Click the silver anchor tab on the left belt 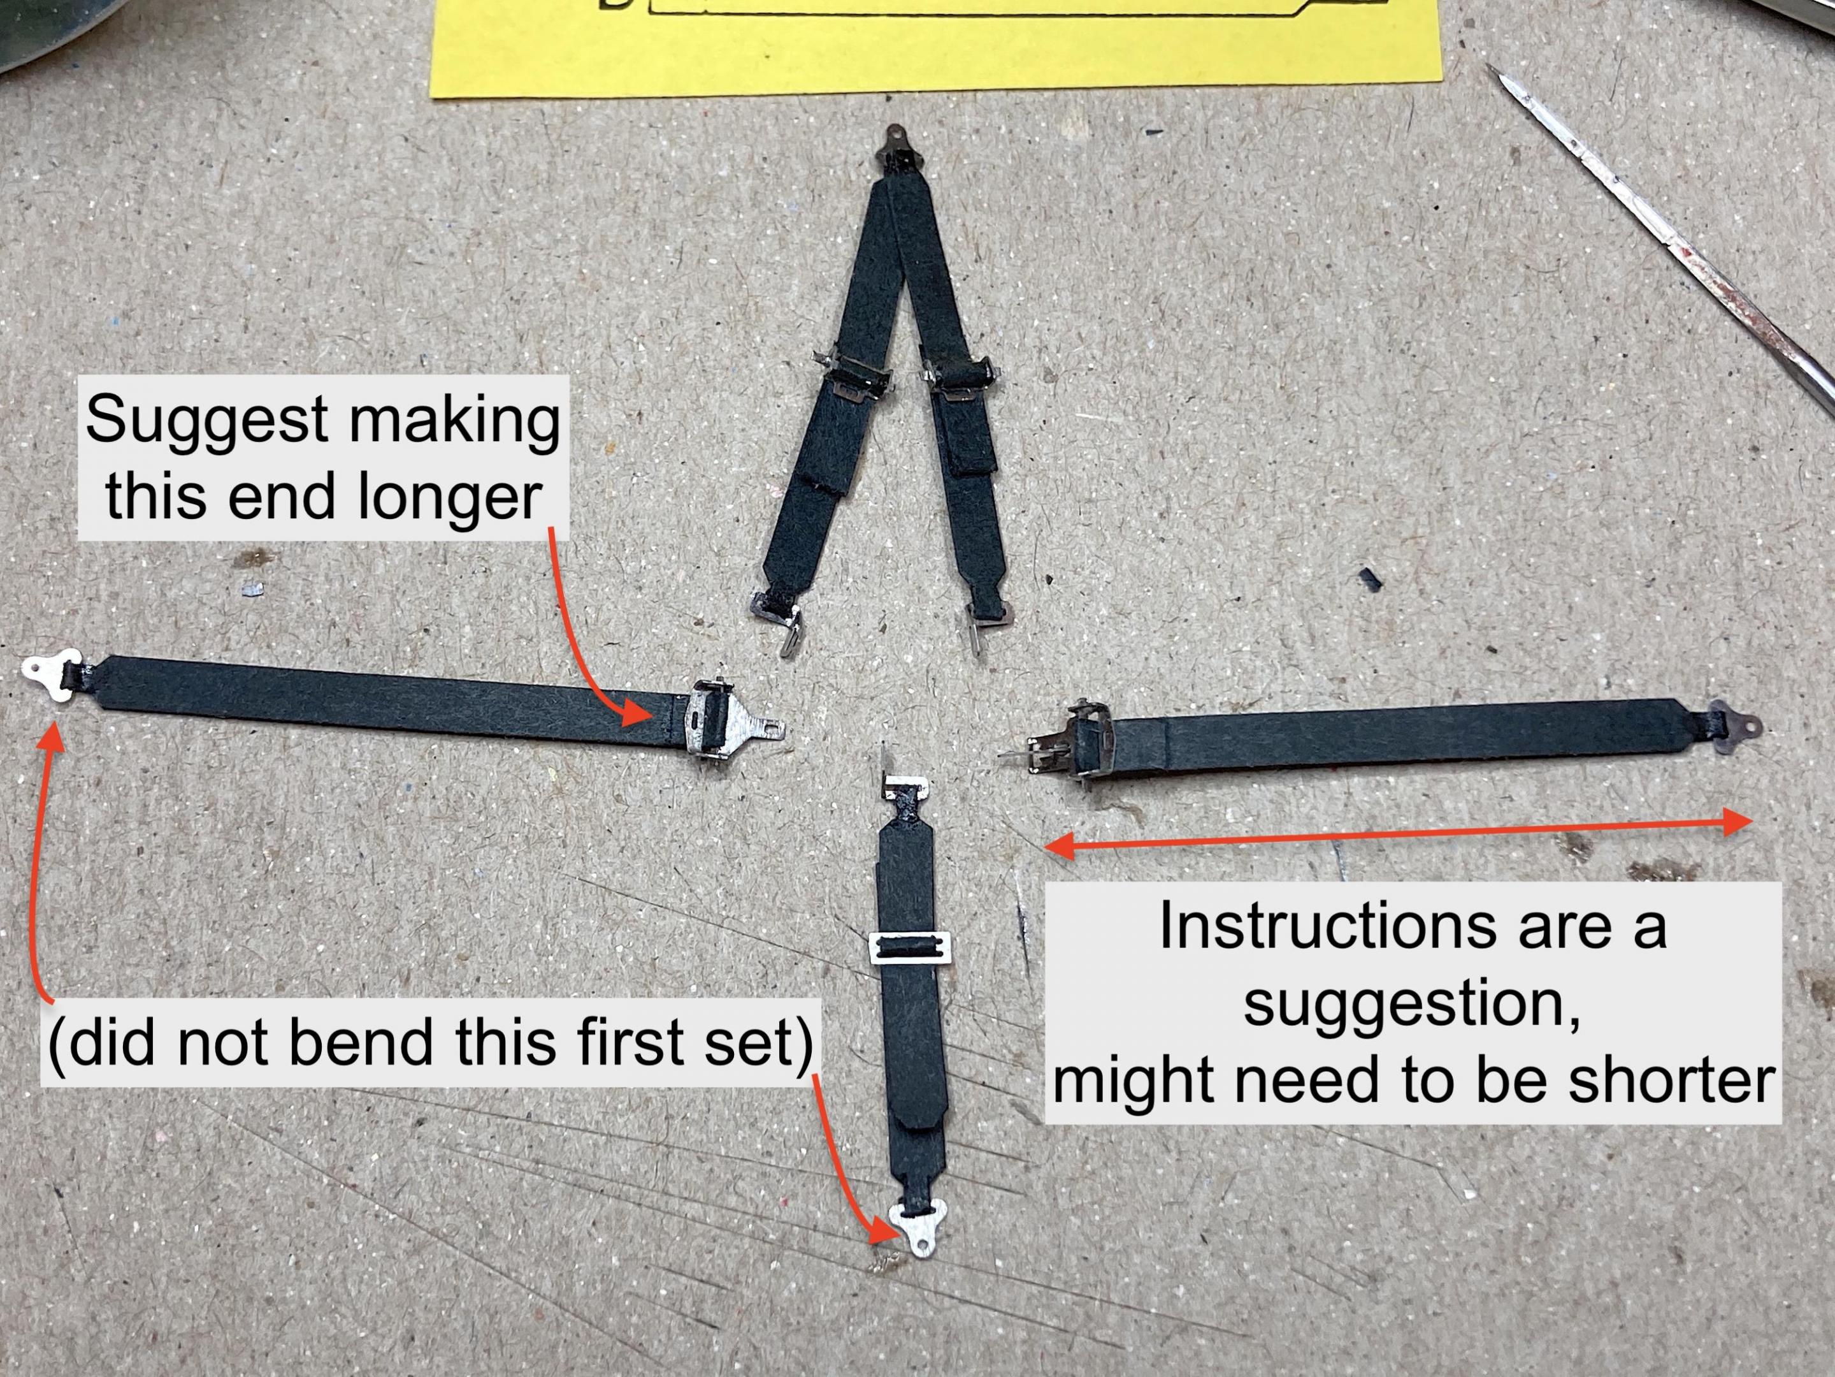click(x=50, y=677)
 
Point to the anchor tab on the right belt click(x=1734, y=728)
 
